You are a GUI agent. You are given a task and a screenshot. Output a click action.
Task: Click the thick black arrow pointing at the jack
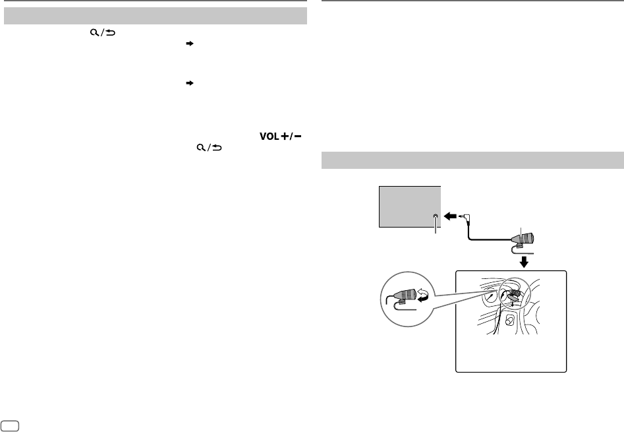pos(451,216)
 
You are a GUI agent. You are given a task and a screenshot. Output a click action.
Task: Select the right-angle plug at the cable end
pos(466,216)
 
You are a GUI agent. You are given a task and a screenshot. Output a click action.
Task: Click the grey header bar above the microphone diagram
pos(472,160)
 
